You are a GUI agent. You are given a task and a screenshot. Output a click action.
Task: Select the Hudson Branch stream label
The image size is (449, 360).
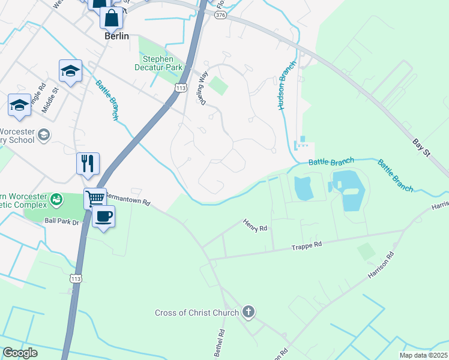point(286,86)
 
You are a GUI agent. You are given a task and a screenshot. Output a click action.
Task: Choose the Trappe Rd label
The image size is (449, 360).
point(307,245)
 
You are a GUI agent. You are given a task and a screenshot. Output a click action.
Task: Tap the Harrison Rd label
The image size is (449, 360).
point(381,265)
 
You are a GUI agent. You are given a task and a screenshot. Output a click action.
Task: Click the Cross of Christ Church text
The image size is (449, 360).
point(197,312)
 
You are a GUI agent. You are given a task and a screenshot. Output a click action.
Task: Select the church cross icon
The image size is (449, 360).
point(249,312)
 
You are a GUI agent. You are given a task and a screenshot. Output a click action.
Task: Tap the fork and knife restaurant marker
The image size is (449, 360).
point(88,163)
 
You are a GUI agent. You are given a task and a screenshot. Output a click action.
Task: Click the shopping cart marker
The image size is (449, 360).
point(95,197)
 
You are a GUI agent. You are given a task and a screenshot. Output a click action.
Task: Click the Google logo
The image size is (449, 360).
point(20,353)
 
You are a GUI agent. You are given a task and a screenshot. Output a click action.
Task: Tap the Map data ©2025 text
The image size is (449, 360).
point(423,355)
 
